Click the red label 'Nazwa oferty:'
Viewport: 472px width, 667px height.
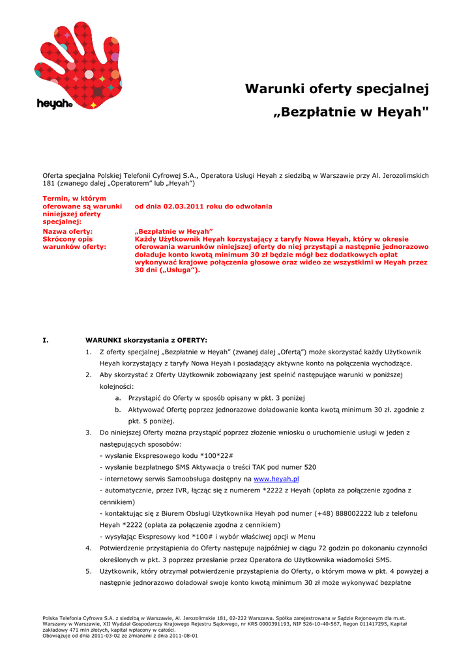[67, 231]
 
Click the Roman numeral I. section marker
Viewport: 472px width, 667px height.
[45, 340]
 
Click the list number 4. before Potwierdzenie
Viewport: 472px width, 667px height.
[88, 548]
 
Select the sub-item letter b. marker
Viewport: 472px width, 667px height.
[118, 410]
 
